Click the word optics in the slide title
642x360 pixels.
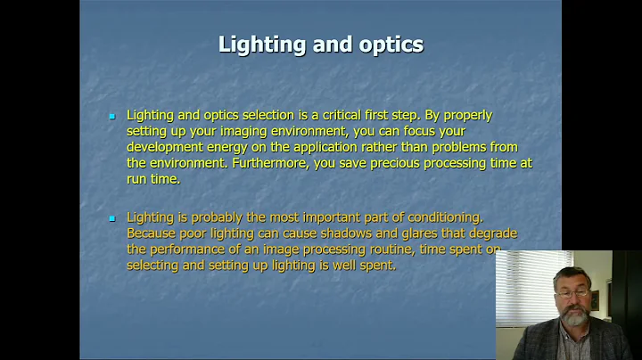[x=390, y=45]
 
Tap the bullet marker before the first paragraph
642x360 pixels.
[x=112, y=117]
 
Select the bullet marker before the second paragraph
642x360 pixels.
[x=112, y=218]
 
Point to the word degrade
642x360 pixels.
[x=492, y=233]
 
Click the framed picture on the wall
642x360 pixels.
[x=619, y=300]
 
